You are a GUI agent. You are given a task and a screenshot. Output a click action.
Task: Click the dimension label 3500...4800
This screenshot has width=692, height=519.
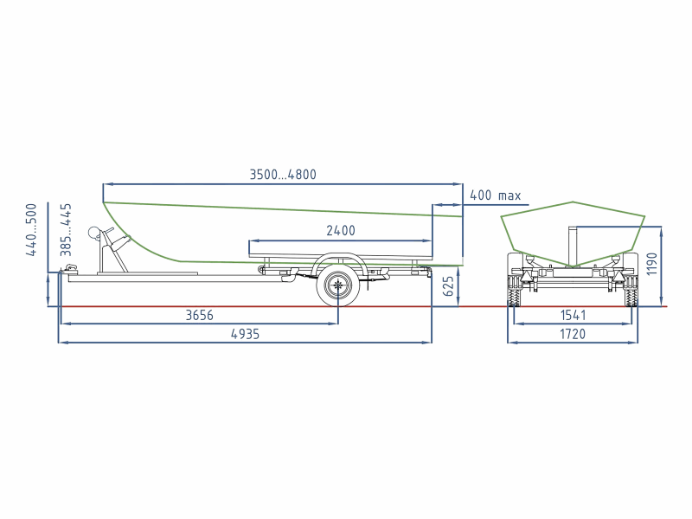coord(283,175)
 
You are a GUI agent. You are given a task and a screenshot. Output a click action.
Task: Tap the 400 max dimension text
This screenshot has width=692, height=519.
coord(495,195)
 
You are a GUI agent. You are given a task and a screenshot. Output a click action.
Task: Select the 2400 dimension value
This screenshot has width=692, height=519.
coord(341,230)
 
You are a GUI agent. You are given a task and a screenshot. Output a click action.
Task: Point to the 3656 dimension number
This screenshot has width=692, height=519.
coord(200,315)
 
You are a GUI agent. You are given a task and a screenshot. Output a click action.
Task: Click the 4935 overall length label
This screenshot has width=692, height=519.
coord(246,334)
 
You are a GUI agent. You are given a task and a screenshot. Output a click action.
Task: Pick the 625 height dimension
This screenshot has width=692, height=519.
coord(447,286)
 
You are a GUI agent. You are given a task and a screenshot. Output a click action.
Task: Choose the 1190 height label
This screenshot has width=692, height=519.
coord(651,264)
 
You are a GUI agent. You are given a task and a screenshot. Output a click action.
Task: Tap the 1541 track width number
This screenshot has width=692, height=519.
coord(573,315)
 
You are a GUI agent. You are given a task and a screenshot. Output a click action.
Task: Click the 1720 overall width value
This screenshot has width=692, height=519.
coord(573,334)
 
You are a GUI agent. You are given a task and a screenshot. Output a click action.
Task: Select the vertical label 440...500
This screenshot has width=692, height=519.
coord(31,229)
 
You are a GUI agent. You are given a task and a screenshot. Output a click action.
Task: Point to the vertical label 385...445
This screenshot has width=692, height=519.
coord(66,229)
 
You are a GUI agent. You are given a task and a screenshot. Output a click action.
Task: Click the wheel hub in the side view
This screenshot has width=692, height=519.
coord(338,285)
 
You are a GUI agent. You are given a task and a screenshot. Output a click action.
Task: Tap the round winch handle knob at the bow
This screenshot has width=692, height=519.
coord(94,233)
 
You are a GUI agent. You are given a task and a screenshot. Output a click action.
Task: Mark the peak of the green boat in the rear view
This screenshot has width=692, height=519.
coord(573,202)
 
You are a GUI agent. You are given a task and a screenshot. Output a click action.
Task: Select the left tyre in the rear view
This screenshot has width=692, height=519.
coord(514,292)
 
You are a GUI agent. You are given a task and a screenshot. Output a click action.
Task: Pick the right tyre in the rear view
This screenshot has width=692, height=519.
coord(631,292)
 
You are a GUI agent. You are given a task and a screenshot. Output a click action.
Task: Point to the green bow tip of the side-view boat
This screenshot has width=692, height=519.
coord(104,202)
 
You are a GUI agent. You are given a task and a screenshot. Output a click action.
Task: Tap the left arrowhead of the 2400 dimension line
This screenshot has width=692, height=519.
coord(252,241)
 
